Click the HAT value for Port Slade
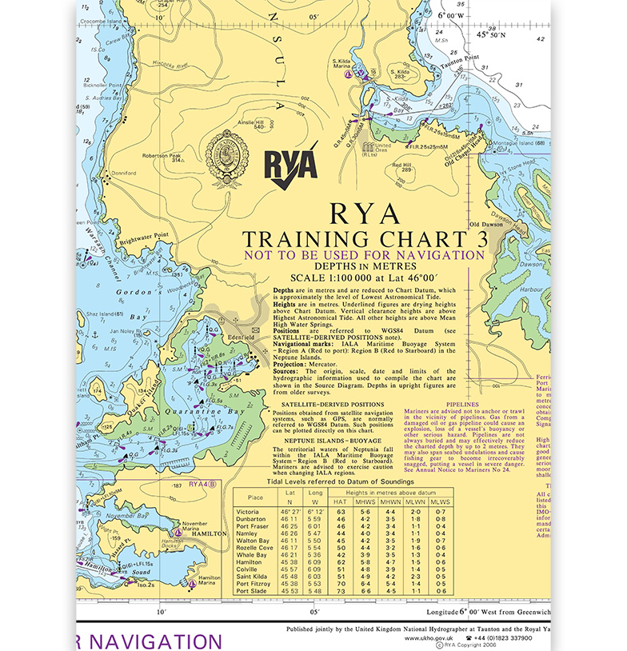tap(341, 591)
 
